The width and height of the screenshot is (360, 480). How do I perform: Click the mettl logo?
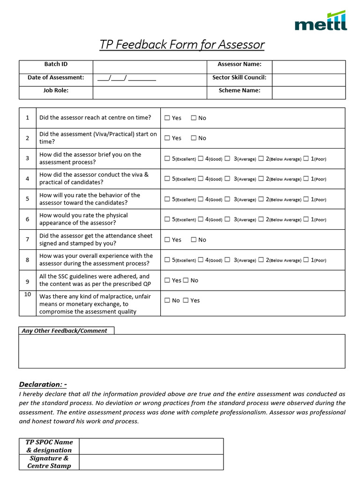coord(321,21)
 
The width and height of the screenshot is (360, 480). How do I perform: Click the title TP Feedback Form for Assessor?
coord(182,45)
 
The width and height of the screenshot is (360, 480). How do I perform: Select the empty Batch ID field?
coord(150,67)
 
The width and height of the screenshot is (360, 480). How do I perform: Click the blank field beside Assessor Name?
coord(308,67)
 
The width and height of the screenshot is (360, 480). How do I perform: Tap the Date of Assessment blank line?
coord(127,78)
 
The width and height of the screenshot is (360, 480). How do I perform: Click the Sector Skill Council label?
coord(239,78)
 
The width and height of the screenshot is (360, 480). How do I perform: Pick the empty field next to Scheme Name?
coord(308,92)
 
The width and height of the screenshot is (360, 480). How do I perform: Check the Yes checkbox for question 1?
coord(167,118)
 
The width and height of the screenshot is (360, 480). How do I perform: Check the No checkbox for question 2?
coord(194,138)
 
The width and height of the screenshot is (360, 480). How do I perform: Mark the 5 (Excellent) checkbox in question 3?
coord(167,159)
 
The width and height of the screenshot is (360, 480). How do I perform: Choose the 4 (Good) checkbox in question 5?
coord(201,199)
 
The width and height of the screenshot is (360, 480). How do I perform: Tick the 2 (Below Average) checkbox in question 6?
coord(261,219)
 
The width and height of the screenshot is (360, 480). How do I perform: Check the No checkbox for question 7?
coord(194,240)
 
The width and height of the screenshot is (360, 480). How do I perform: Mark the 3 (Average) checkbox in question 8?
coord(227,260)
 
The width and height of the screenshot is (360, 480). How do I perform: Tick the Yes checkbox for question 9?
coord(167,281)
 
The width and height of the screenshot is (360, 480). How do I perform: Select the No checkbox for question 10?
coord(167,300)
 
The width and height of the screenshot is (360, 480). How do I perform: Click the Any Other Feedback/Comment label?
coord(65,330)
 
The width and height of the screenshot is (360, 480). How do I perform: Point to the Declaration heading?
coord(43,384)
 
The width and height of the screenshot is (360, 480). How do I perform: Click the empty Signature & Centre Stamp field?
coord(151,462)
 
